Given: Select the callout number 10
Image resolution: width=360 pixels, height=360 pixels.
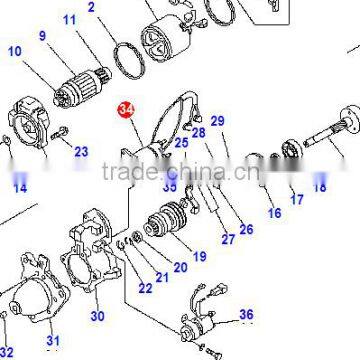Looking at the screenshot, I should tap(14, 51).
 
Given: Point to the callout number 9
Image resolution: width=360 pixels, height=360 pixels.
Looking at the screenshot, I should tap(43, 37).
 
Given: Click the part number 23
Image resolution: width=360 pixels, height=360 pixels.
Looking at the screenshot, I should tap(81, 152).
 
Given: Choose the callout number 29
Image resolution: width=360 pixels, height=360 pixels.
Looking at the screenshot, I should tap(217, 122).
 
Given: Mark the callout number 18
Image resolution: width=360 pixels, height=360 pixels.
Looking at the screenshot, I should tap(320, 186).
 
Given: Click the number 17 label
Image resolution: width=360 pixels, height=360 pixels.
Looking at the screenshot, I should tap(297, 199).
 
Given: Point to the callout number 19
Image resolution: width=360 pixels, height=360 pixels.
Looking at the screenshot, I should tap(199, 257).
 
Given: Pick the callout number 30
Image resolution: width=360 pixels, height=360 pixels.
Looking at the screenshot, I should tap(97, 316).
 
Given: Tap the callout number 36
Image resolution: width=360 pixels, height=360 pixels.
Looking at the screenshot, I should tap(246, 315).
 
